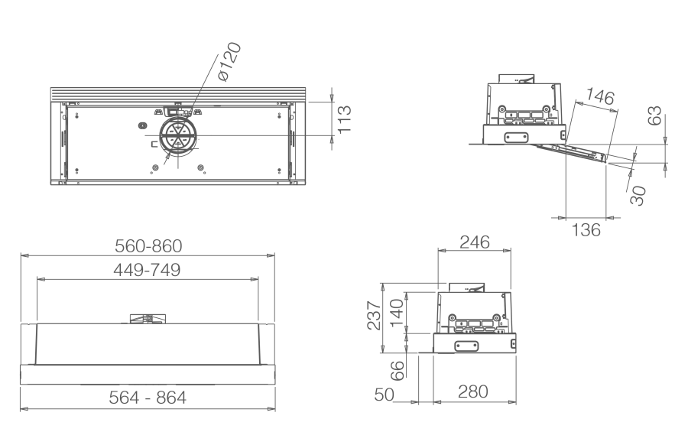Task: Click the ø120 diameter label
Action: [229, 61]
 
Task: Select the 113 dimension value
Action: [345, 119]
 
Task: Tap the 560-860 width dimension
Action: [148, 246]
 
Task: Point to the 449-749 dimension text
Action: [147, 270]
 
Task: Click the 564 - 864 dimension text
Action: [148, 398]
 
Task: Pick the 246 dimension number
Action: [475, 242]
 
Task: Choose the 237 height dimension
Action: [374, 315]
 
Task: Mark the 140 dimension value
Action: [397, 313]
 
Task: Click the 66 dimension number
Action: [397, 371]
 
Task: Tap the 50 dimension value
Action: [385, 395]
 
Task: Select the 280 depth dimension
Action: [473, 391]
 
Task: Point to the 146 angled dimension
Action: [600, 96]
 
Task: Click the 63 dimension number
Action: [654, 115]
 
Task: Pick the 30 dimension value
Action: [638, 196]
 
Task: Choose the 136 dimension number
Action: [586, 229]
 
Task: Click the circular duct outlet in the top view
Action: [178, 135]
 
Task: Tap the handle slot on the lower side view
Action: [466, 346]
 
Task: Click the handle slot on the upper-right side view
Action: [516, 138]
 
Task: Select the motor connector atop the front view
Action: [148, 319]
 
